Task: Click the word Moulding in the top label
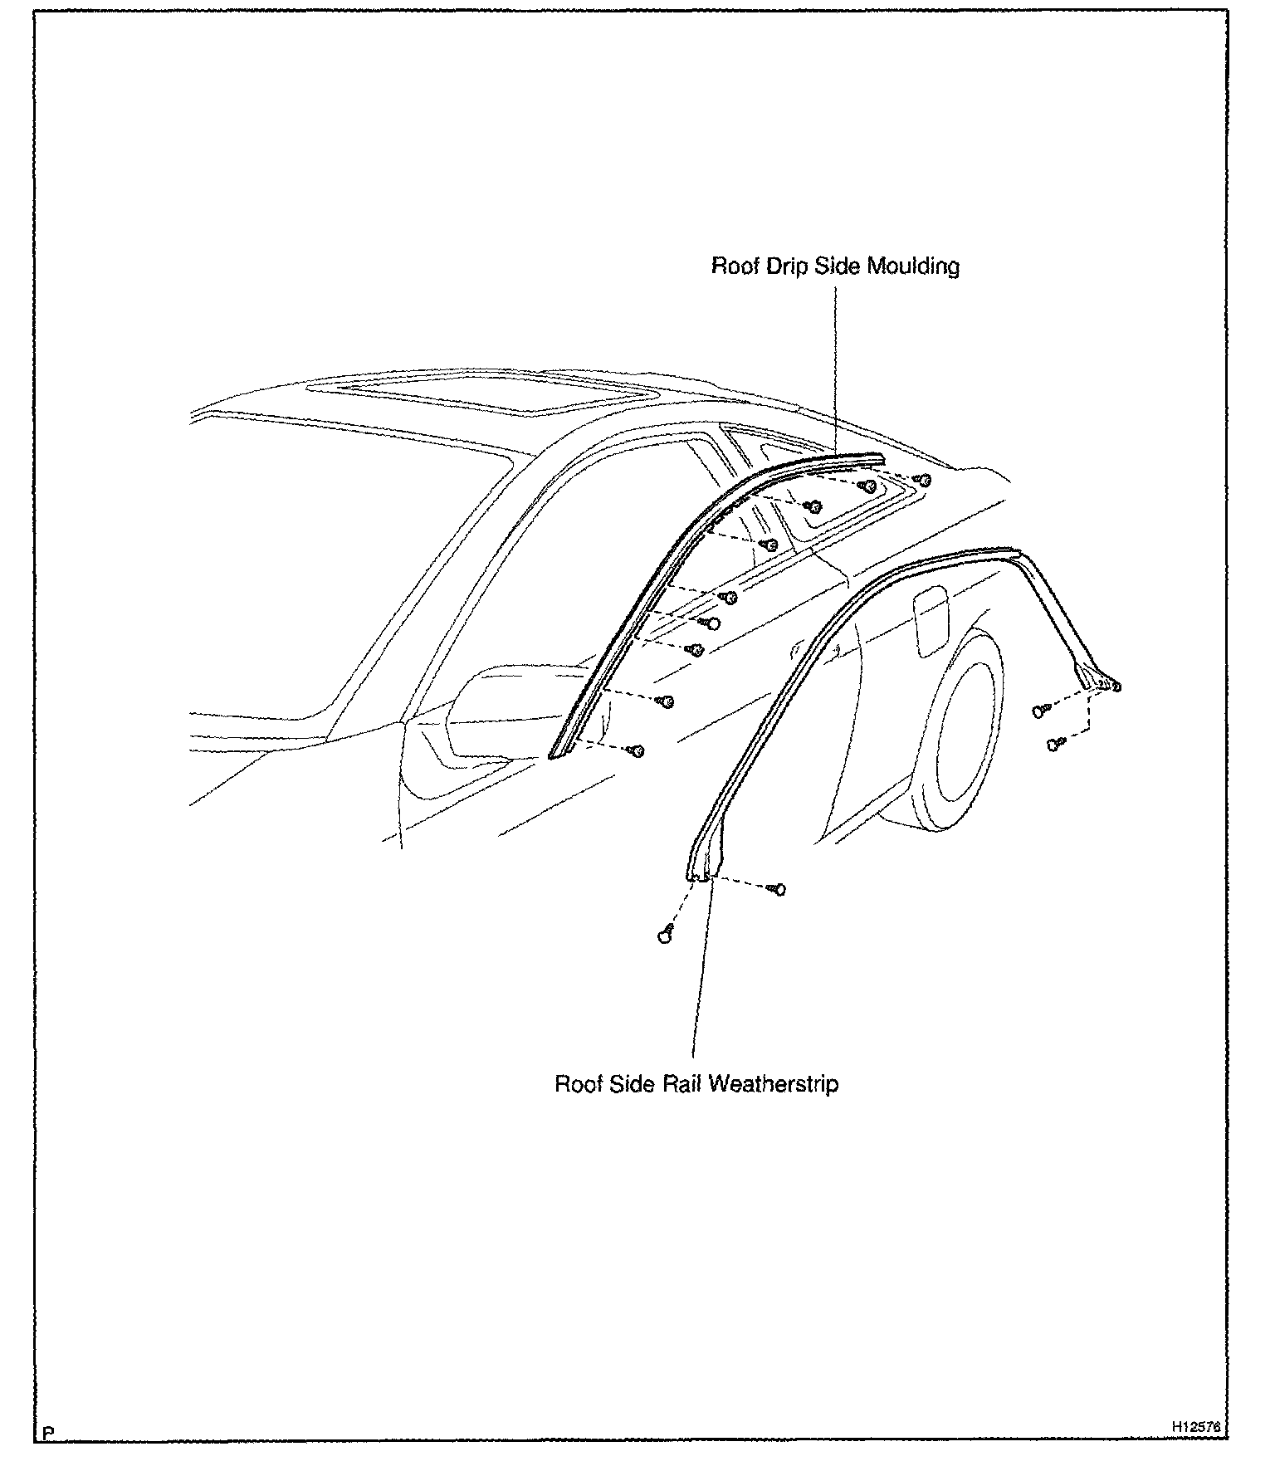coord(913,266)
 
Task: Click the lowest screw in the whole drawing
coord(664,936)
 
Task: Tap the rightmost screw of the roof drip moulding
coord(922,480)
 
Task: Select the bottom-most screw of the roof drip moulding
coord(637,750)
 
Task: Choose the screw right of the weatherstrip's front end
coord(778,890)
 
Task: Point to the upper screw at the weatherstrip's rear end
coord(1040,710)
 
